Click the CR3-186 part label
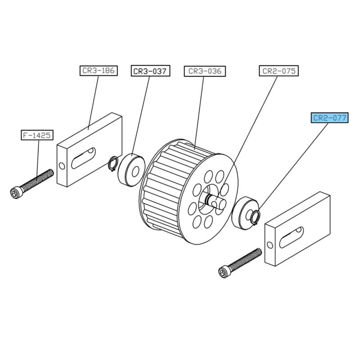pos(99,71)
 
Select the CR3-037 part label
pos(150,71)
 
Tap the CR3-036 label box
pos(205,71)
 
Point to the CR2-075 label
pos(279,71)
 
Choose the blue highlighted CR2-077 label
pos(330,118)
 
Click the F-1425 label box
pos(37,135)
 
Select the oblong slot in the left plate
pos(83,158)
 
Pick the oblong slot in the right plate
pos(292,238)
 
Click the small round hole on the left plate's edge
pos(62,166)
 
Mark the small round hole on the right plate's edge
pos(270,245)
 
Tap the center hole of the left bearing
pos(135,172)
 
